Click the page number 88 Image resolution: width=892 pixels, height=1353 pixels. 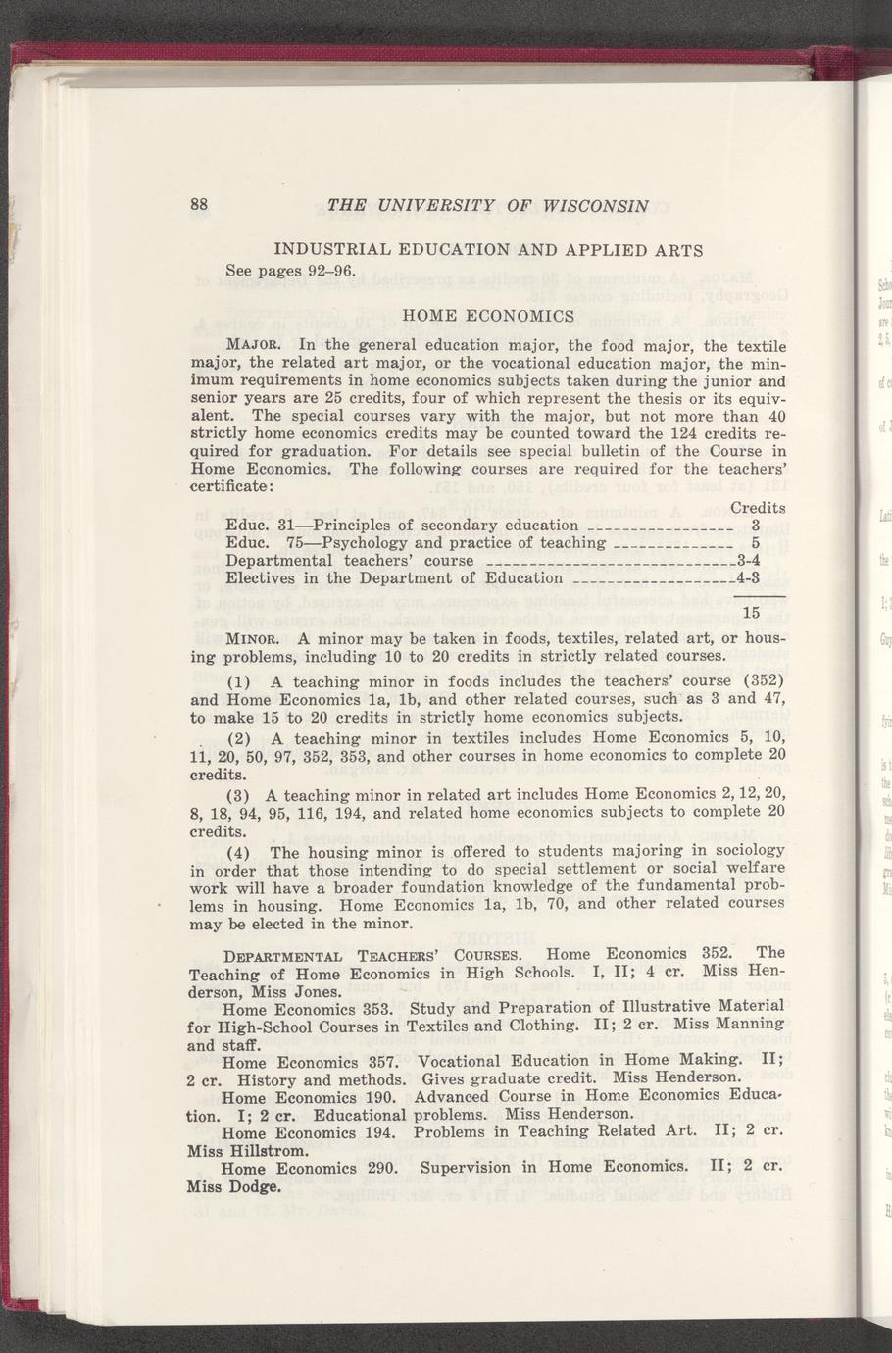pyautogui.click(x=199, y=205)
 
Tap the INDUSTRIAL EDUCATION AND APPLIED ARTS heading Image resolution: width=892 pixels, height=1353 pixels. pyautogui.click(x=488, y=250)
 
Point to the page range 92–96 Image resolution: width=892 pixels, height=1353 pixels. pyautogui.click(x=319, y=270)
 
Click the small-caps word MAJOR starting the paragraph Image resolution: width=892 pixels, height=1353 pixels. pyautogui.click(x=256, y=345)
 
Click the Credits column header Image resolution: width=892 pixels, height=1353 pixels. pyautogui.click(x=758, y=508)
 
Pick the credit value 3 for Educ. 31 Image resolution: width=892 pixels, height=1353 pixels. pyautogui.click(x=756, y=526)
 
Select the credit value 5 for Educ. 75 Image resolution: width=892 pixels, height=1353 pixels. pyautogui.click(x=756, y=543)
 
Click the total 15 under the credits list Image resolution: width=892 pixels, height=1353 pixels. pyautogui.click(x=752, y=614)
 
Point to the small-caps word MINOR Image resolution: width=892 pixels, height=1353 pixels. pyautogui.click(x=256, y=638)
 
